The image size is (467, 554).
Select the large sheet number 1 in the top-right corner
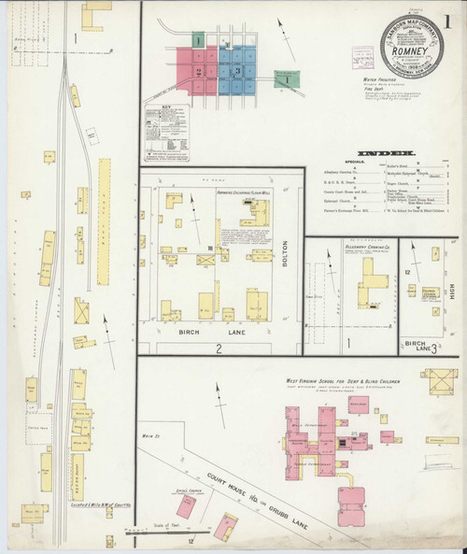(451, 19)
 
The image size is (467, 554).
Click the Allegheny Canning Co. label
(365, 249)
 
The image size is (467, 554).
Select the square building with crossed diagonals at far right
(438, 382)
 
